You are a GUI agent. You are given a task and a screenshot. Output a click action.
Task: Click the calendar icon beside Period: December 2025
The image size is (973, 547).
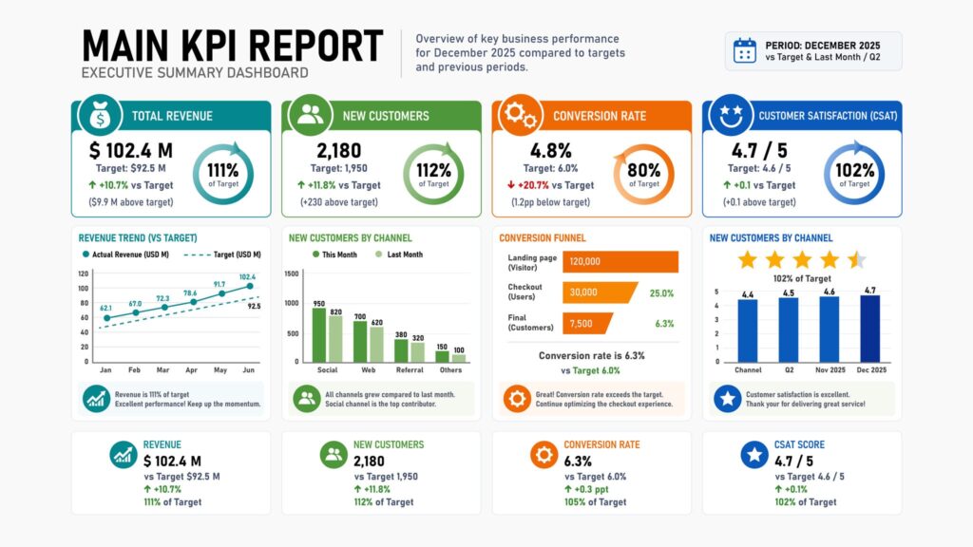point(745,51)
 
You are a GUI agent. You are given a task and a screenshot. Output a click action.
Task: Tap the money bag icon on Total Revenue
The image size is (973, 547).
point(99,115)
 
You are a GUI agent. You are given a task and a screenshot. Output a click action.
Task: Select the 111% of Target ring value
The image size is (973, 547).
point(222,175)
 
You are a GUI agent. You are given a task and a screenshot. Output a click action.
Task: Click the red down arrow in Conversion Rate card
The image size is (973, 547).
point(511,185)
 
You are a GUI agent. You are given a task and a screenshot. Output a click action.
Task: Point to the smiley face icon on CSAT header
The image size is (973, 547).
point(731,115)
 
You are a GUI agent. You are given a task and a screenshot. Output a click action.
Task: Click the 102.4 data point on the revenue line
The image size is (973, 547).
point(250,286)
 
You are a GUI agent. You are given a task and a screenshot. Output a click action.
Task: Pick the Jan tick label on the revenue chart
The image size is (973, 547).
point(105,369)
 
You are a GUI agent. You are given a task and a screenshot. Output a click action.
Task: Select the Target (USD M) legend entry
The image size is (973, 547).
point(222,255)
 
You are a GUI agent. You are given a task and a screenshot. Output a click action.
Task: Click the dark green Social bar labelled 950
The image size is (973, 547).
point(319,335)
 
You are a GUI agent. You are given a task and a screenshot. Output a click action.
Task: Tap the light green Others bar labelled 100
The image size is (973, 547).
point(459,358)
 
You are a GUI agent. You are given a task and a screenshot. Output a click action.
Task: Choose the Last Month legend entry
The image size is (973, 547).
point(399,255)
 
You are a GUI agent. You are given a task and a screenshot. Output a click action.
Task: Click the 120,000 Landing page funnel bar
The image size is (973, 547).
point(620,262)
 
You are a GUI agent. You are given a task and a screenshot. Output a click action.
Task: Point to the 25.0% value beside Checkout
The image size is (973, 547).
point(661,293)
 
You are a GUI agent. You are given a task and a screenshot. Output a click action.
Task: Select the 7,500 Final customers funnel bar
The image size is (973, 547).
point(586,323)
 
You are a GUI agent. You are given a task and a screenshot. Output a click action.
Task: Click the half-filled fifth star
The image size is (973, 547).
point(857,259)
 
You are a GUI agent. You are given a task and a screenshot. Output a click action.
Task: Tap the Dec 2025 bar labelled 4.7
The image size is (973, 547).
point(870,329)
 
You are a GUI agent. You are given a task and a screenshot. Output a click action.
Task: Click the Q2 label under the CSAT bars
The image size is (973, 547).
point(789,369)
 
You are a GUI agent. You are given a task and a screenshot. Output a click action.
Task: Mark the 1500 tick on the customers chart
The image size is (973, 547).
point(292,273)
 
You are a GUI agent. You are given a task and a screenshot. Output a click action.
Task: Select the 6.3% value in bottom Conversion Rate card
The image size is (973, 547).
point(578,462)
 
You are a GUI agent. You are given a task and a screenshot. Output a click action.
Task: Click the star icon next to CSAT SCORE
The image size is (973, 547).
point(754,455)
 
